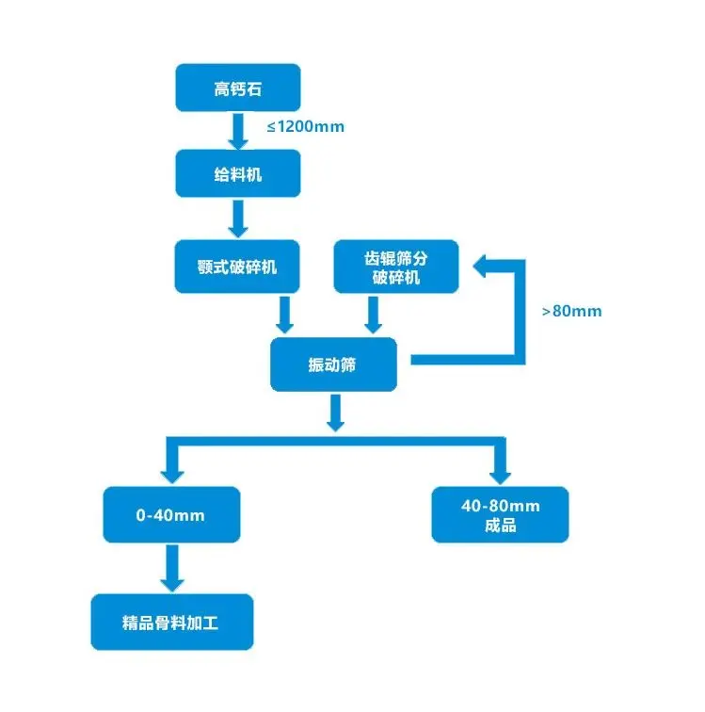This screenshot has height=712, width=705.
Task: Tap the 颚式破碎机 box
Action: point(238,267)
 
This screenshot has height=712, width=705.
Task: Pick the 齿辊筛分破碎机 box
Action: point(396,267)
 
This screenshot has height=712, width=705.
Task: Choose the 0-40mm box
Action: point(170,515)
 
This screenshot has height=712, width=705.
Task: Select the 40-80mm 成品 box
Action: point(500,515)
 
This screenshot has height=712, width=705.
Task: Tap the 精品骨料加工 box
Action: point(171,622)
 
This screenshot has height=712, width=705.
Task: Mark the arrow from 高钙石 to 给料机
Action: point(238,131)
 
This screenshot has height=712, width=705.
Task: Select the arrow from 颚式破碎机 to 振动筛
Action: point(285,315)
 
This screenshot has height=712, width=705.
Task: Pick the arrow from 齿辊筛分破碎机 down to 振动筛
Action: point(374,315)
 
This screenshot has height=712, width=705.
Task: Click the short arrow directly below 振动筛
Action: point(334,413)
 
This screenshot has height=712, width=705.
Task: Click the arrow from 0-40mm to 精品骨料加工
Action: point(170,567)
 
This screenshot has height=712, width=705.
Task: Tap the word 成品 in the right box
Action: point(500,526)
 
